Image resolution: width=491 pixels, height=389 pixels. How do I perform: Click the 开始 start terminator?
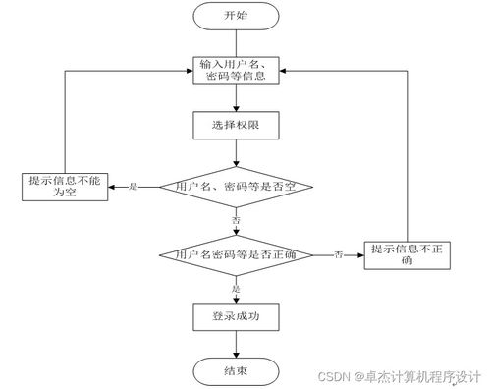point(236,17)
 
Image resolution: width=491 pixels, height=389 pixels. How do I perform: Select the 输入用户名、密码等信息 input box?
point(236,71)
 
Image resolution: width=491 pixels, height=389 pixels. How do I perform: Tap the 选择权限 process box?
point(236,125)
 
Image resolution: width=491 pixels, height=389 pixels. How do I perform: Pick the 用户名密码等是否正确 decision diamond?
point(236,254)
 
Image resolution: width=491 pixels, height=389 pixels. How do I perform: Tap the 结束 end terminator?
point(236,370)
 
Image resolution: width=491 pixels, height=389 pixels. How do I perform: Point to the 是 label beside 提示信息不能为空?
point(134,185)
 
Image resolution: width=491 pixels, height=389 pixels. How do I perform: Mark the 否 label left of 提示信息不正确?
point(339,254)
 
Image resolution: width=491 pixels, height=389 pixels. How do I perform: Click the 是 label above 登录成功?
point(236,289)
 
